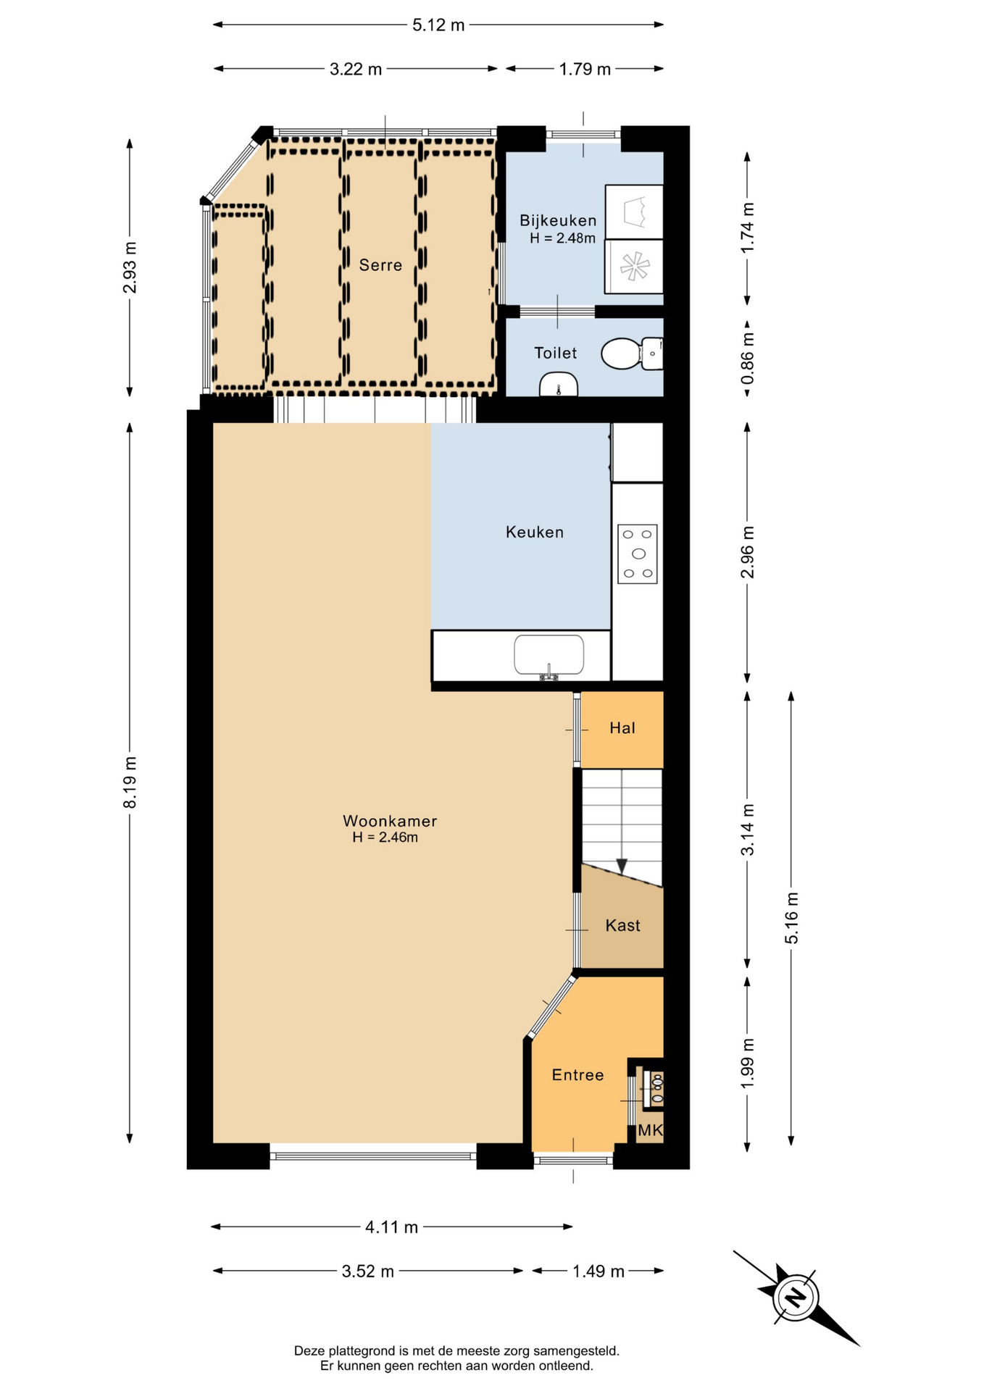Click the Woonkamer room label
tap(390, 821)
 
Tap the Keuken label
tap(535, 532)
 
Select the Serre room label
tap(380, 265)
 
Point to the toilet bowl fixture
tap(631, 354)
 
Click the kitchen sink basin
tap(549, 655)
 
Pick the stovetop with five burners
tap(638, 554)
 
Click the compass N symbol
tap(796, 1296)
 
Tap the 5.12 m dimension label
tap(438, 25)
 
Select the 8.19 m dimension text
tap(130, 782)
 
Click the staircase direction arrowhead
tap(622, 866)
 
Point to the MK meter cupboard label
tap(650, 1130)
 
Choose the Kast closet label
tap(622, 925)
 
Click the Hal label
tap(622, 728)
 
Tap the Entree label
tap(578, 1075)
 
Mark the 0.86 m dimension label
tap(748, 359)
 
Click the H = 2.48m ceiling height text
tap(562, 238)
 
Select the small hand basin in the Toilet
tap(558, 385)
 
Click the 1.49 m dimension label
tap(599, 1271)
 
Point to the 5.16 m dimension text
tap(791, 918)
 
